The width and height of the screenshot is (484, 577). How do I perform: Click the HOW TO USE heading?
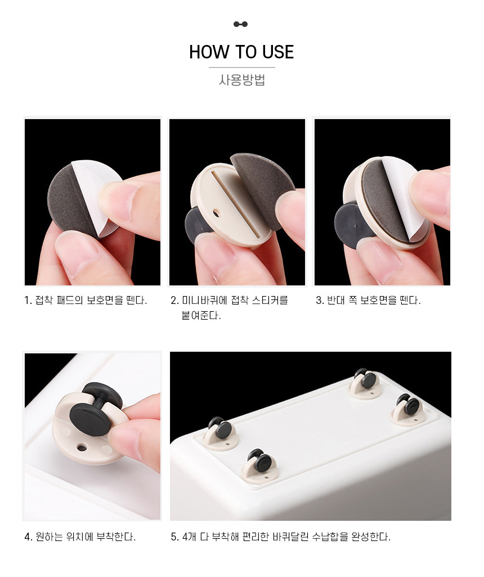click(x=241, y=52)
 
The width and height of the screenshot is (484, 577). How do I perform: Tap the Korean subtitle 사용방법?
click(x=242, y=80)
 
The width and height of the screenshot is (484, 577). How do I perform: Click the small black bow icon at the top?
click(x=240, y=24)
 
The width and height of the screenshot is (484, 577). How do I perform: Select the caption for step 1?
click(x=86, y=300)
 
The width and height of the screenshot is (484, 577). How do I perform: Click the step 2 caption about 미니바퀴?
click(x=229, y=308)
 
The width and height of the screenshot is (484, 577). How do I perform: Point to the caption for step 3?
click(x=368, y=300)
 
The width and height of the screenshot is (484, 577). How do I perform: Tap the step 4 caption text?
click(x=80, y=537)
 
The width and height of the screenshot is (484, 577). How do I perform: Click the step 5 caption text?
click(x=280, y=537)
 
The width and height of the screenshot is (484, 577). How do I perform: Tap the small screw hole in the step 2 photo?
click(x=216, y=213)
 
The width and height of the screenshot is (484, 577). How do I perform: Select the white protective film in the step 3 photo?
click(x=402, y=195)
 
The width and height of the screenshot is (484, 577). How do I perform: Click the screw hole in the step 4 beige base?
click(x=82, y=448)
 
